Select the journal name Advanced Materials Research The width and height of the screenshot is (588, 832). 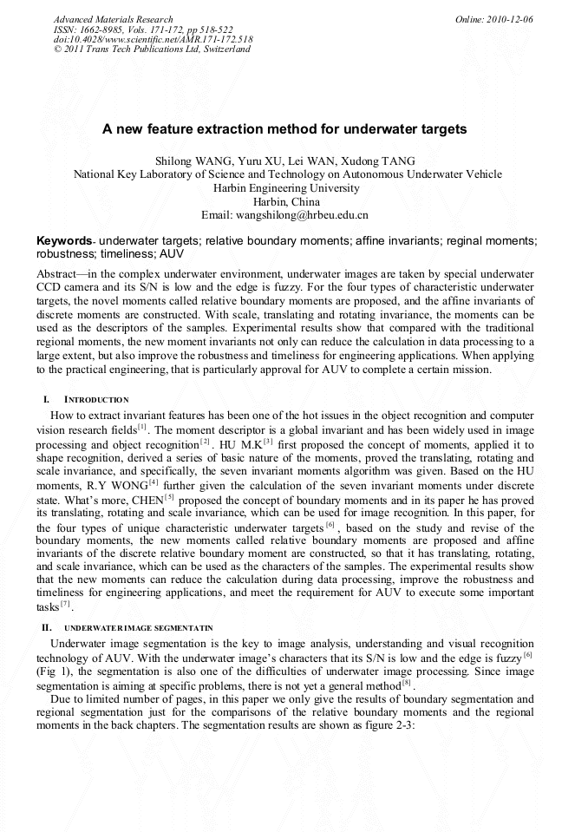[113, 19]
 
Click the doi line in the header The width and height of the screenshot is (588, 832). [153, 39]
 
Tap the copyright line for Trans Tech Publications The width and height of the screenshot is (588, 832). [152, 49]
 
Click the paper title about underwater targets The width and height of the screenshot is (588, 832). [284, 129]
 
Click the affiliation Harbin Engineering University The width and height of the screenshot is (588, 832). [285, 187]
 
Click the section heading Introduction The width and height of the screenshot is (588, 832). [96, 400]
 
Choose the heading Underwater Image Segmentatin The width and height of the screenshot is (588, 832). [138, 627]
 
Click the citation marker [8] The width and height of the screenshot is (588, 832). [406, 683]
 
